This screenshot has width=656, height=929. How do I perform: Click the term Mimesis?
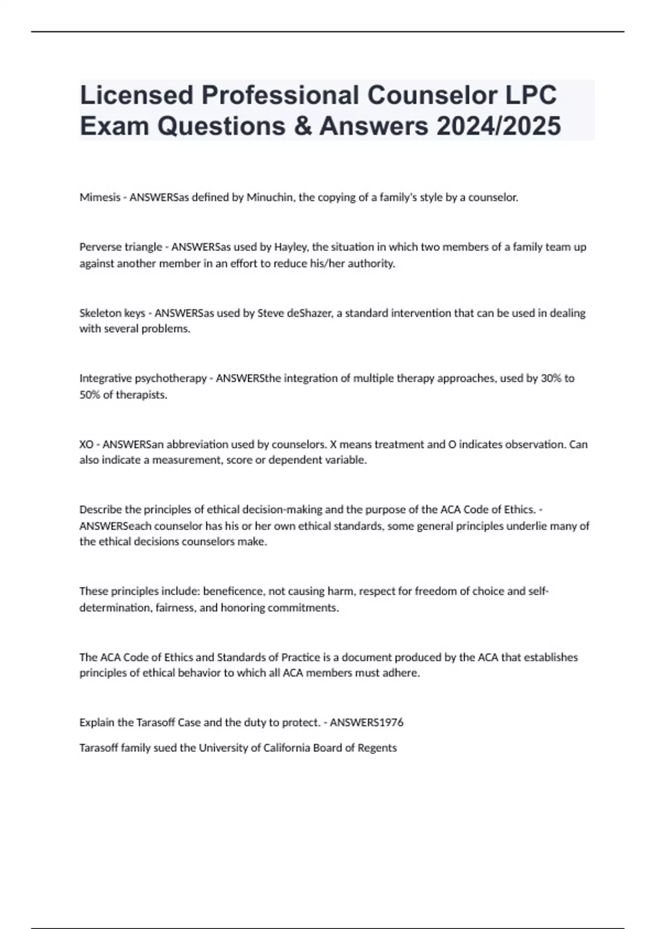click(x=99, y=197)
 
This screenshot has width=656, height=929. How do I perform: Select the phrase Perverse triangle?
click(x=120, y=247)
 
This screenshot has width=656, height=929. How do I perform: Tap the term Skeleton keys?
click(x=112, y=313)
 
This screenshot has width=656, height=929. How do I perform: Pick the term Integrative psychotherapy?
click(x=142, y=378)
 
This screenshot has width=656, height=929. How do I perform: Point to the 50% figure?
click(x=90, y=395)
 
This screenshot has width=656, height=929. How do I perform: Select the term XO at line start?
click(x=86, y=444)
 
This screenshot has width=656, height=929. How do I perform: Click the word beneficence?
click(x=234, y=591)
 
